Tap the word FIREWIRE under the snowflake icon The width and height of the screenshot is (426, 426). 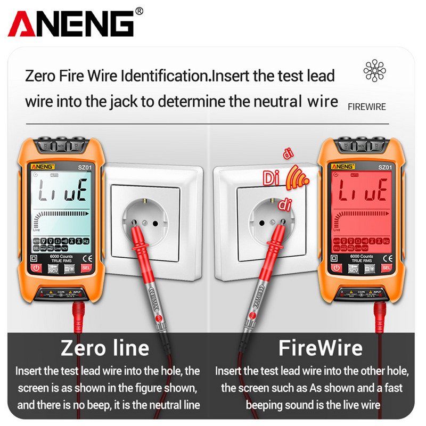366,106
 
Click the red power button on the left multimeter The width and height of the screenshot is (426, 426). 36,268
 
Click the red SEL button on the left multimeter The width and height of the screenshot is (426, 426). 85,268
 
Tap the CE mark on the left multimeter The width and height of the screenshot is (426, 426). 88,258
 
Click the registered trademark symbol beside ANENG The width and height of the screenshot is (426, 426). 140,10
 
